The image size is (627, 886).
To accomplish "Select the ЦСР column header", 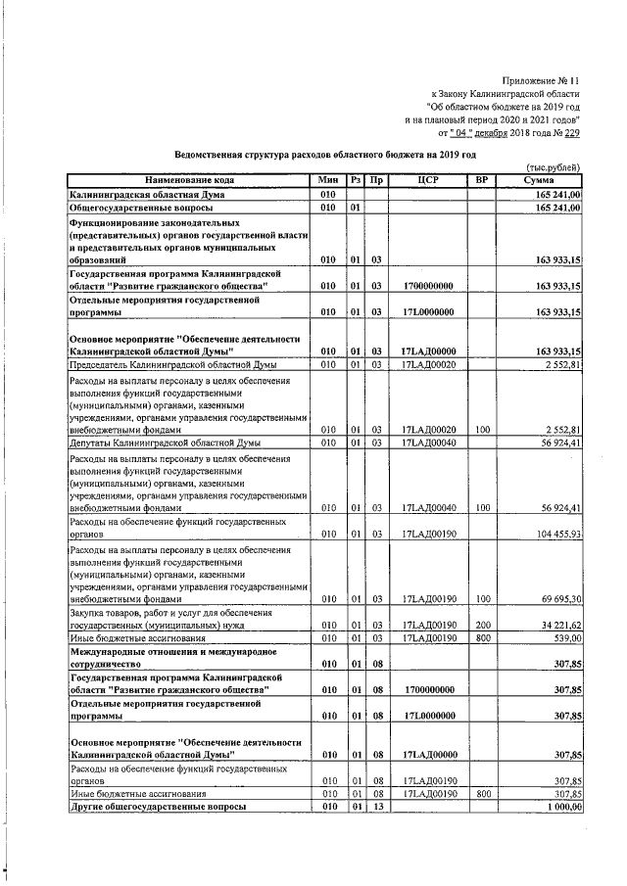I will pyautogui.click(x=426, y=181).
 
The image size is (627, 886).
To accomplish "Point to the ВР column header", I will pyautogui.click(x=480, y=181).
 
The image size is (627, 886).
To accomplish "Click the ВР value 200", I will pyautogui.click(x=481, y=624).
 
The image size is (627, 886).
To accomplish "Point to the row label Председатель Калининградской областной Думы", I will pyautogui.click(x=160, y=364).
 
